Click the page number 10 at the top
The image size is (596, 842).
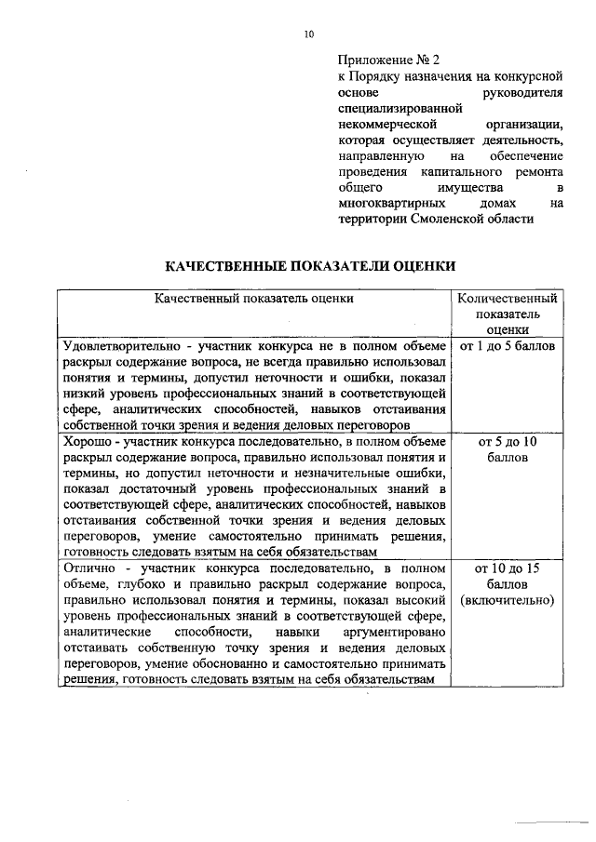click(x=309, y=34)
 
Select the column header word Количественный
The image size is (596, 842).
click(x=507, y=299)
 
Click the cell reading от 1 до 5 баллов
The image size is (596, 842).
click(x=507, y=346)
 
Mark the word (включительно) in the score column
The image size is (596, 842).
click(x=507, y=600)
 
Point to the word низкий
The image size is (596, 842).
click(x=82, y=394)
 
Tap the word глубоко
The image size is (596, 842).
click(x=137, y=583)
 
